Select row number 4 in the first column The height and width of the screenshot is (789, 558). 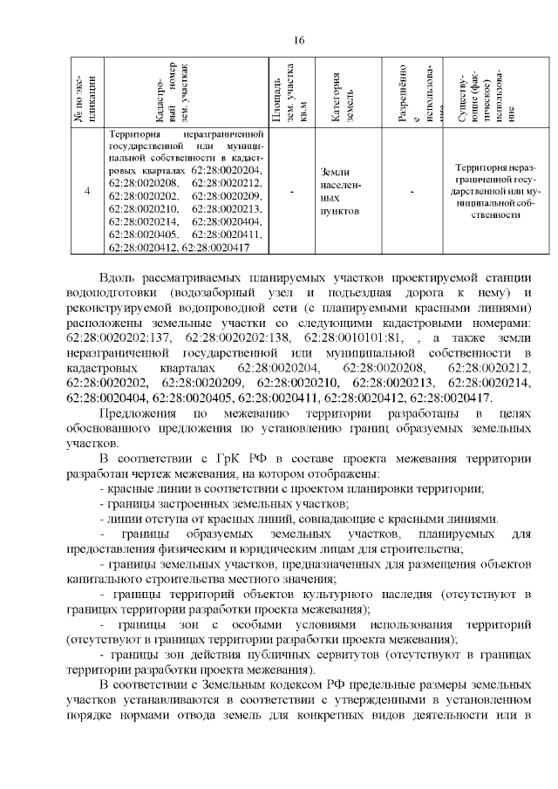tap(86, 191)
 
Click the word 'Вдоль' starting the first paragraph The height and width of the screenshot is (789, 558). tap(119, 277)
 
